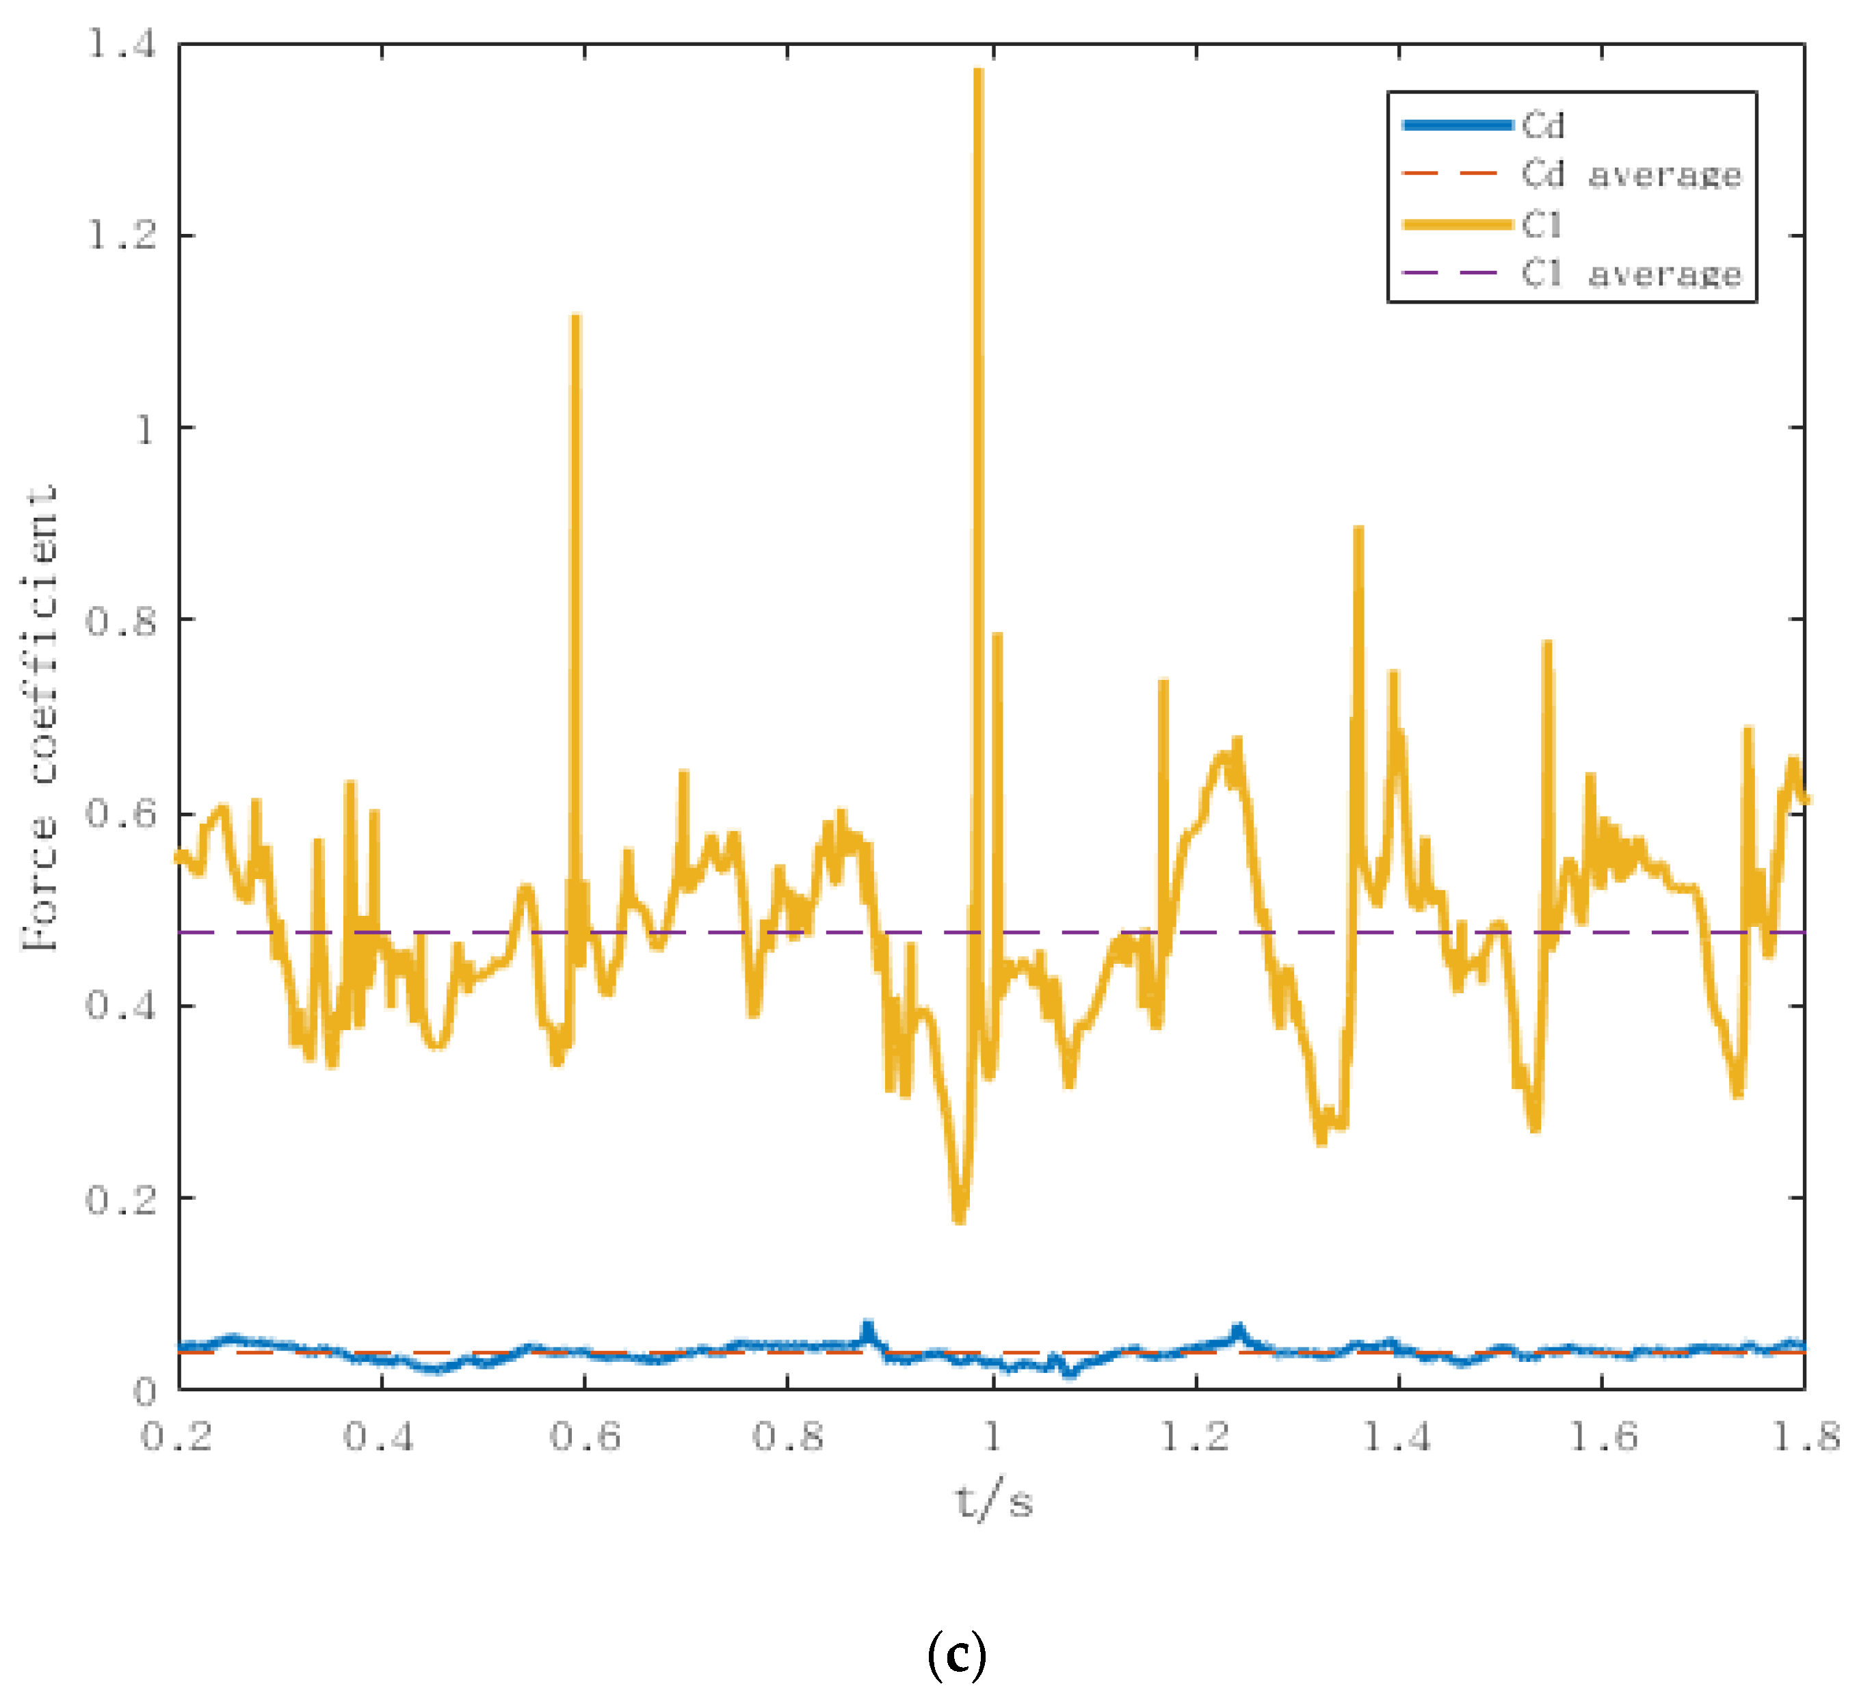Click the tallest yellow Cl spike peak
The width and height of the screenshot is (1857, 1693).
coord(978,72)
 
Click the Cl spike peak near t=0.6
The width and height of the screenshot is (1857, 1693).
coord(576,318)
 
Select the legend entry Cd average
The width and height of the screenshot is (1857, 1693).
coord(1631,174)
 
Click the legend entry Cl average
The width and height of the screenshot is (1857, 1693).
coord(1631,274)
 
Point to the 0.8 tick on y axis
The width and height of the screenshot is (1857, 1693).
coord(120,620)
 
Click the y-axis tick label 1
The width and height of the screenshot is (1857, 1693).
coord(144,428)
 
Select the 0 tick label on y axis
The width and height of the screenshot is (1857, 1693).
coord(144,1391)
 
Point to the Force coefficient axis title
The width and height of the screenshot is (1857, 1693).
coord(42,718)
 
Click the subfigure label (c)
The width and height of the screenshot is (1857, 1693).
coord(957,1655)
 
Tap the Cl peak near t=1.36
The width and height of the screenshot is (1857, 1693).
coord(1358,529)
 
